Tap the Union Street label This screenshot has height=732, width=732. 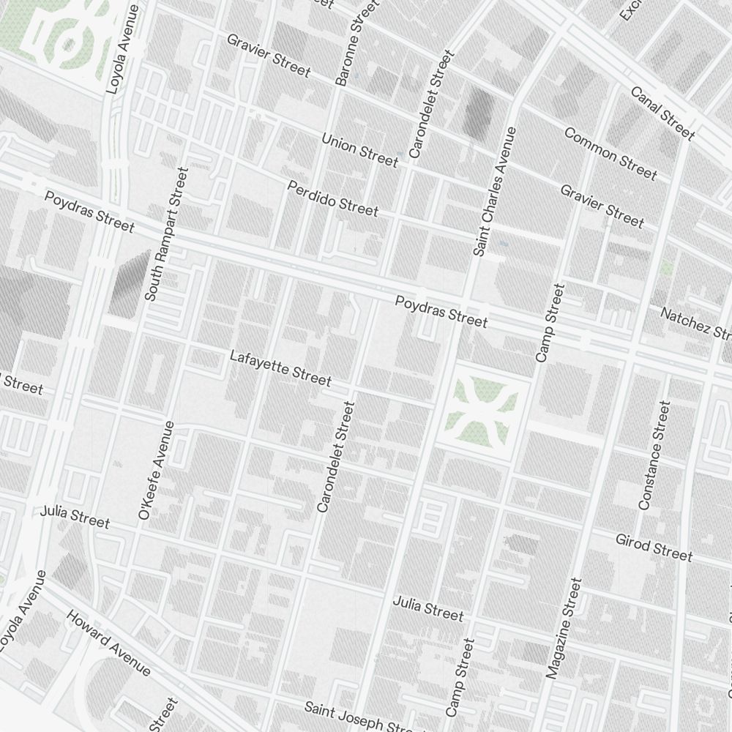(x=359, y=149)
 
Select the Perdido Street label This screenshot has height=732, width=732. (x=333, y=198)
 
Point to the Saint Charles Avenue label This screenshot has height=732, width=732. (x=495, y=192)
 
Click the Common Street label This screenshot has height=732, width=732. (x=610, y=153)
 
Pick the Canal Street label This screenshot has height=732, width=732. (x=662, y=113)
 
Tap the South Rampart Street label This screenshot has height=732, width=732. (x=167, y=234)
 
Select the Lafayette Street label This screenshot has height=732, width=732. (x=280, y=367)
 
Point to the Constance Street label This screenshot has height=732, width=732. (x=654, y=455)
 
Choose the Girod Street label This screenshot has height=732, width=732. (x=654, y=547)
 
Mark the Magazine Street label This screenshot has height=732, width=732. (x=563, y=628)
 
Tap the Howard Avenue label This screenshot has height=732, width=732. (x=108, y=642)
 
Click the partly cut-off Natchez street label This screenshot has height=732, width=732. (x=695, y=323)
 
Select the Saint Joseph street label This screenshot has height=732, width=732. (x=359, y=718)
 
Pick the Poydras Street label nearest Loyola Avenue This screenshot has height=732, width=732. (x=89, y=211)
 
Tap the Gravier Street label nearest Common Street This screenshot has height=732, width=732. (x=602, y=206)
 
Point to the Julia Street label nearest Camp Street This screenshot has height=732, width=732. (x=428, y=608)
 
